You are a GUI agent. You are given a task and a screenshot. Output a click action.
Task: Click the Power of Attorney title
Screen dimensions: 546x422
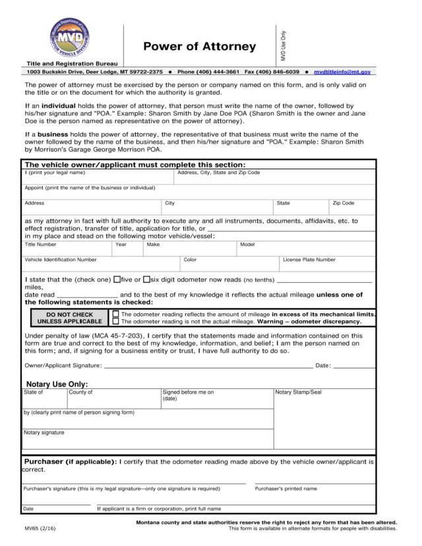[x=199, y=46]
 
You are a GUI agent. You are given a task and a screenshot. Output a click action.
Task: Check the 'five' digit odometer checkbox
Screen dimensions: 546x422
[x=117, y=279]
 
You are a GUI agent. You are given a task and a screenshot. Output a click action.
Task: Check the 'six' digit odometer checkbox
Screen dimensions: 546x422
[x=146, y=279]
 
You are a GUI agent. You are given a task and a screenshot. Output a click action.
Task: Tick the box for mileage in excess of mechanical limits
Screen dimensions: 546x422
[x=117, y=314]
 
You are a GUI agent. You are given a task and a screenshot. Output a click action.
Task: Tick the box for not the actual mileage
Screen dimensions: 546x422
[x=117, y=322]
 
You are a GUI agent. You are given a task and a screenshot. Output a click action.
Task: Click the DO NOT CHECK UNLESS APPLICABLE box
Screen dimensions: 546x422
[x=70, y=318]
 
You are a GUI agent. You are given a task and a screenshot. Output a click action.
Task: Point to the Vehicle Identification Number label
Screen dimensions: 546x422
[x=61, y=260]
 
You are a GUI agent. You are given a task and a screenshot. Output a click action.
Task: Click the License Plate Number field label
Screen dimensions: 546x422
[x=309, y=260]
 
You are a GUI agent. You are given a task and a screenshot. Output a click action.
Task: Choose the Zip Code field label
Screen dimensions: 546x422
[x=344, y=203]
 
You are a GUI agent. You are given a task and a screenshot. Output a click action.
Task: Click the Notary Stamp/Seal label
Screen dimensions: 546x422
[x=298, y=392]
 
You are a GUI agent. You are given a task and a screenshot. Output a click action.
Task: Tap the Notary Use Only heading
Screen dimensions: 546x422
[x=57, y=384]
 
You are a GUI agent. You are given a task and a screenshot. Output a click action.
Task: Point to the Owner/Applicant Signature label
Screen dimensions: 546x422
[x=63, y=365]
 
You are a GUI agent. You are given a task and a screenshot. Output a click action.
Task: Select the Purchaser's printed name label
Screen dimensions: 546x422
[x=286, y=489]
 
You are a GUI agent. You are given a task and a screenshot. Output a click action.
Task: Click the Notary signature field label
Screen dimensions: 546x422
[x=44, y=433]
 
